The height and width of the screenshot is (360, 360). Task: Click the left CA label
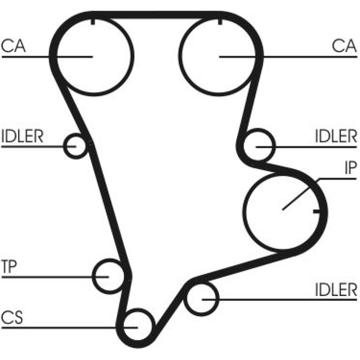tap(13, 45)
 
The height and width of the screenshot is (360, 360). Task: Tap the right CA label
tap(344, 45)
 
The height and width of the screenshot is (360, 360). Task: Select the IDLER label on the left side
tap(22, 136)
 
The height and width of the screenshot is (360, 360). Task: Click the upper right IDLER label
tap(336, 136)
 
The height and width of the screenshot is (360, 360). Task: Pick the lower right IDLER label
tap(336, 289)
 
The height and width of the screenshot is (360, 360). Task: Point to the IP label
tap(351, 167)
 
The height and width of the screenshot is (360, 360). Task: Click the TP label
tap(9, 266)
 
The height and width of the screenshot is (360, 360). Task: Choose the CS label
tap(12, 317)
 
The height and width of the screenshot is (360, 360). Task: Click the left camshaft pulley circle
tap(134, 56)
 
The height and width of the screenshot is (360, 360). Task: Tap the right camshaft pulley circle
tap(179, 56)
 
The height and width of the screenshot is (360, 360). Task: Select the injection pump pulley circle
tap(244, 211)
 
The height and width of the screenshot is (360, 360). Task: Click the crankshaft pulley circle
tap(152, 327)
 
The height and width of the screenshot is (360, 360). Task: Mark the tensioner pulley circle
tap(93, 276)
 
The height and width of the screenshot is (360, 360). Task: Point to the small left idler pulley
tap(65, 146)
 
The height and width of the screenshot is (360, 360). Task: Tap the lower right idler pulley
tap(219, 298)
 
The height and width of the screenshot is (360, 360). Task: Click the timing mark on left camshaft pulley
tap(93, 22)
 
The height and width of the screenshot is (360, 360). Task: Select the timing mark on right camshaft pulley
tap(220, 22)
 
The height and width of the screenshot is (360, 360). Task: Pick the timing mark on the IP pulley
tap(317, 211)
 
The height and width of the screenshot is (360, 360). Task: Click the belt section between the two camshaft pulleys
tap(156, 14)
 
